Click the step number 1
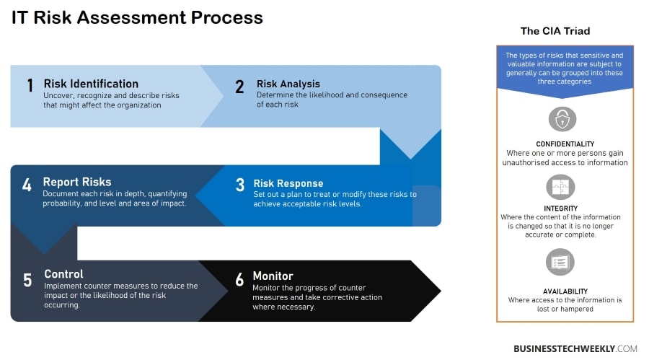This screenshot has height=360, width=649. click(30, 86)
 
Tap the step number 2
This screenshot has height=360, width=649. click(239, 87)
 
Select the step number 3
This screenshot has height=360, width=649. click(239, 185)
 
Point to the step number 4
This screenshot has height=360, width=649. click(27, 185)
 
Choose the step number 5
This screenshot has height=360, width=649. click(27, 280)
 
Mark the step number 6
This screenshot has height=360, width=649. click(239, 280)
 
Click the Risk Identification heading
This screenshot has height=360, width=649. click(91, 84)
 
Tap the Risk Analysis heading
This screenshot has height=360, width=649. click(288, 84)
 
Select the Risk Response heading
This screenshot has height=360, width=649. click(288, 183)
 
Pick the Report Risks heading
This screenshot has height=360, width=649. click(77, 183)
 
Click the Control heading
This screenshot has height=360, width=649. click(63, 274)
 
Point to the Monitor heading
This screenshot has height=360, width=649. click(273, 276)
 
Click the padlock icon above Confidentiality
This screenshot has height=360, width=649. click(562, 119)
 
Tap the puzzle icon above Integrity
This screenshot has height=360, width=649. click(560, 188)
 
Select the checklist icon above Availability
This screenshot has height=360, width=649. click(560, 261)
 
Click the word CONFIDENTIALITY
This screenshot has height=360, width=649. click(565, 144)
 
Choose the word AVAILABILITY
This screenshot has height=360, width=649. click(565, 291)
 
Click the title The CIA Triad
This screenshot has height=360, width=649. click(555, 31)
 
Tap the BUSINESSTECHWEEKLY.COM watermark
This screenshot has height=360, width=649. click(575, 348)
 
